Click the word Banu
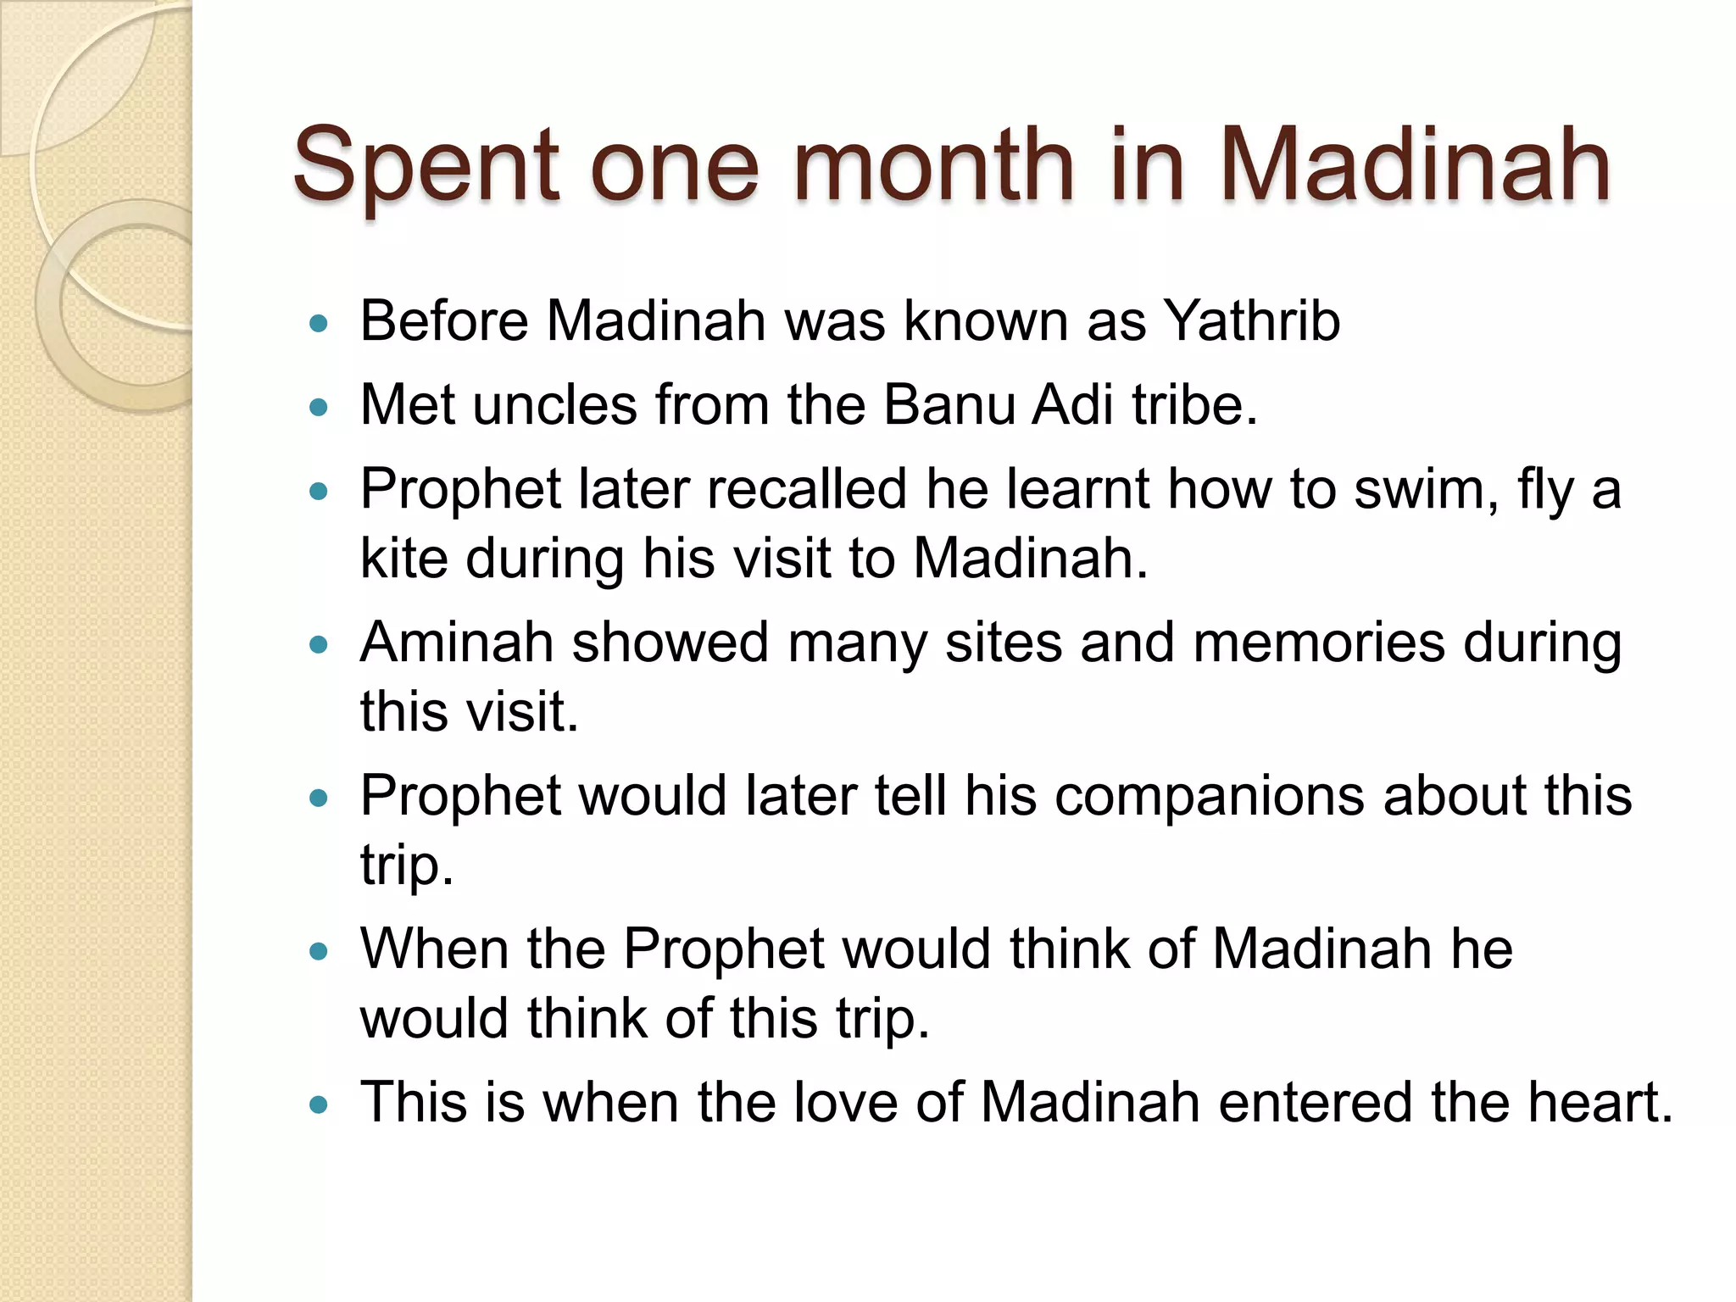949,404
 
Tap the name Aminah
456,642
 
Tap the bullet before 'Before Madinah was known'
319,323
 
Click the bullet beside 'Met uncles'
319,408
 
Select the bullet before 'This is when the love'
319,1104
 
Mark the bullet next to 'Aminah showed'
319,644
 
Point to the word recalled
806,489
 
